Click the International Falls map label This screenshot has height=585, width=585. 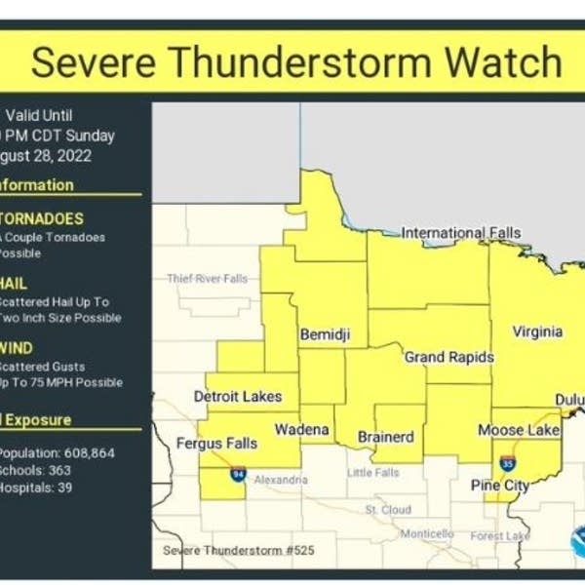[461, 233]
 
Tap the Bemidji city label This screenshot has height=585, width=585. [325, 334]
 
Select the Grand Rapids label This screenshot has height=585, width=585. [449, 357]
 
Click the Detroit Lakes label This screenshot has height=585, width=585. [238, 396]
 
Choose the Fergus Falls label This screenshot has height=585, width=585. [216, 444]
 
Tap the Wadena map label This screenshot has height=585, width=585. [301, 429]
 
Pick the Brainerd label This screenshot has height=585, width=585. [386, 437]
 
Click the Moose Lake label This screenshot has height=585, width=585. [519, 430]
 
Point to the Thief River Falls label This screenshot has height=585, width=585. [207, 279]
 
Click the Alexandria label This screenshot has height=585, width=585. [281, 480]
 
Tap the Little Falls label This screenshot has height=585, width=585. [374, 473]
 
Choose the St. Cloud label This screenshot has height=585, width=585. [388, 509]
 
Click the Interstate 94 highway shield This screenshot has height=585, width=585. [239, 474]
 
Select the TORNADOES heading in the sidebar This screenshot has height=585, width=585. [42, 218]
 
